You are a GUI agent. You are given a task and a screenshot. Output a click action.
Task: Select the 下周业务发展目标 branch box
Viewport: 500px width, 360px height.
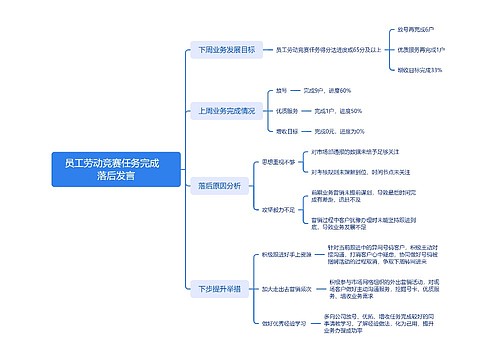click(x=225, y=48)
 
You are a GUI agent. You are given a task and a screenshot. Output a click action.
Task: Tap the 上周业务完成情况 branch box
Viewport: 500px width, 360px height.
click(x=225, y=110)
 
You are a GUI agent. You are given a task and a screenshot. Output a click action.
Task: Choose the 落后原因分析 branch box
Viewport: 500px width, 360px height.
click(x=219, y=185)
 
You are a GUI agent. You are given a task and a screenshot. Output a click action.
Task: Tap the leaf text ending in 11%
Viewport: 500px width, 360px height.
click(x=420, y=69)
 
